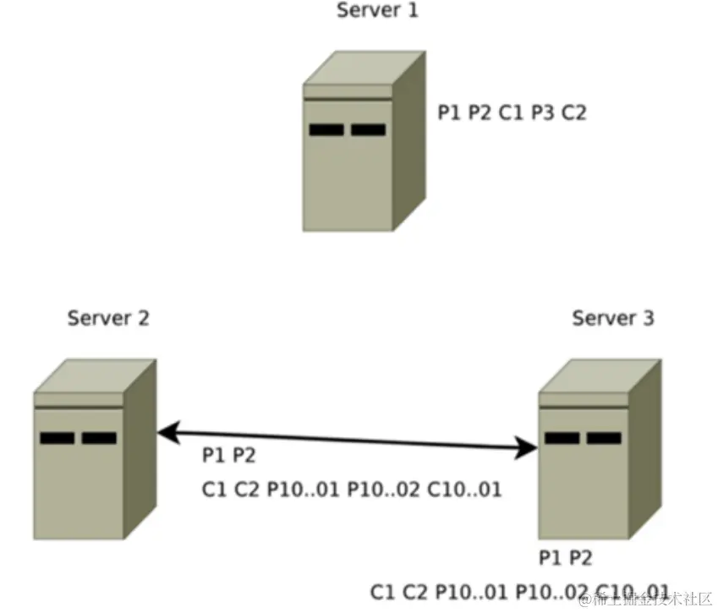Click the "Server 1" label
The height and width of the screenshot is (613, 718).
coord(377,11)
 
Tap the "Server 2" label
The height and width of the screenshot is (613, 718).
coord(108,318)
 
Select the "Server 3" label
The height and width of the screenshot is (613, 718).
coord(612,318)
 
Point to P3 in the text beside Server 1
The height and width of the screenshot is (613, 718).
coord(543,112)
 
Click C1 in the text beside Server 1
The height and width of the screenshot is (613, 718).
coord(512,112)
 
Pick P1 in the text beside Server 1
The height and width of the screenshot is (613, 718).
coord(449,112)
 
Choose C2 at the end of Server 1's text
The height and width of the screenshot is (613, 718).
coord(573,112)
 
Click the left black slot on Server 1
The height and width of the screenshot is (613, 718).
coord(326,130)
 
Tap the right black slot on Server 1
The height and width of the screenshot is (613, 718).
coord(369,130)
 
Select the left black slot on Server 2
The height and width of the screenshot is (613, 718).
coord(57,438)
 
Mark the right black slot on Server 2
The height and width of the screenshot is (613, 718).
coord(99,438)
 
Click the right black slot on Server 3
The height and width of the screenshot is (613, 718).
coord(604,438)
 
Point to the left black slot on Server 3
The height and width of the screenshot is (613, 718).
coord(562,438)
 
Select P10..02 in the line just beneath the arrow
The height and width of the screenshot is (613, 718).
coord(383,489)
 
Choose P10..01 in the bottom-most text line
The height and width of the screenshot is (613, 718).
coord(469,591)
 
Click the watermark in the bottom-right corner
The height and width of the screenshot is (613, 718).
coord(647,599)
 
